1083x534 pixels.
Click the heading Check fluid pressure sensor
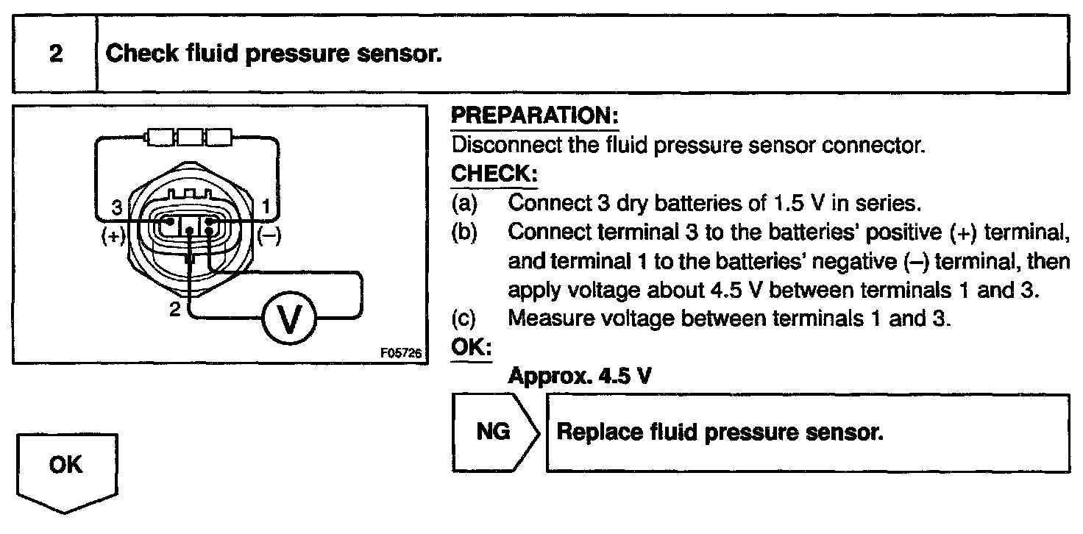point(273,54)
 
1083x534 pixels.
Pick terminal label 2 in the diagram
point(174,310)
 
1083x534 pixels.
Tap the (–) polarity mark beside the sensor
point(268,237)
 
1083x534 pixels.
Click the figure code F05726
point(400,354)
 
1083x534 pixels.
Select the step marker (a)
point(463,202)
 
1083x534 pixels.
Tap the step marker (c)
point(463,320)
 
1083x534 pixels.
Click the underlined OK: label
point(469,348)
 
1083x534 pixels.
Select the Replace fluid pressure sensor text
point(720,432)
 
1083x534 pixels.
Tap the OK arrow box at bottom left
point(66,467)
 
